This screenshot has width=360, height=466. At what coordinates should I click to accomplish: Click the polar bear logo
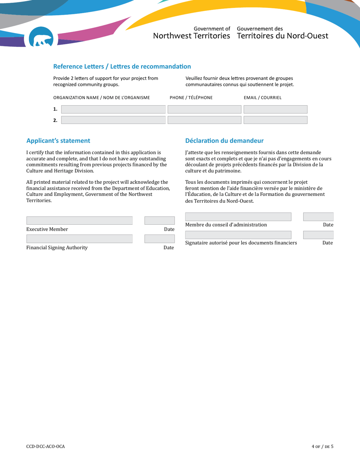tap(41, 38)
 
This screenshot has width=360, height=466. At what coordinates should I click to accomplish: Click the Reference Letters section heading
tap(122, 67)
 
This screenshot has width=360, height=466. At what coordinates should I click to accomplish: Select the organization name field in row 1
tap(113, 109)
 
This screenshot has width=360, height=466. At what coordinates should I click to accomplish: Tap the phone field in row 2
tap(204, 120)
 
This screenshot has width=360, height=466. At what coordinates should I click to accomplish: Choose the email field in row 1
tap(275, 109)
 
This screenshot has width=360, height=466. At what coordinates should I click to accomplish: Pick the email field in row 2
tap(275, 120)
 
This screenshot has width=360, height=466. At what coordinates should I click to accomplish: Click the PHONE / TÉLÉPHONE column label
tap(191, 98)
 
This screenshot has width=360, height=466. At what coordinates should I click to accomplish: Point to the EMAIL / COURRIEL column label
tap(263, 98)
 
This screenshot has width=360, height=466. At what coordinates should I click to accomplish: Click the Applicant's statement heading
tap(58, 141)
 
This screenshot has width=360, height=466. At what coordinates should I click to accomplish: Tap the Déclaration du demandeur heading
tap(224, 141)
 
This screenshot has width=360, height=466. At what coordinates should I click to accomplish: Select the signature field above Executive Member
tap(80, 220)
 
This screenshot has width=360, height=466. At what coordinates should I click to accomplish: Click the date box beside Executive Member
tap(160, 220)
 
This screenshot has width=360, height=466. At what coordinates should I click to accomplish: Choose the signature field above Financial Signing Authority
tap(80, 239)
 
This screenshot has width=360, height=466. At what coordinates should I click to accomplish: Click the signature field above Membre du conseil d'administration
tap(238, 217)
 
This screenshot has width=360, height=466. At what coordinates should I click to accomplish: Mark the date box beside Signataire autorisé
tap(318, 235)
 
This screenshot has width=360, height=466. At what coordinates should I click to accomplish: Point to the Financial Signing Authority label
tap(57, 248)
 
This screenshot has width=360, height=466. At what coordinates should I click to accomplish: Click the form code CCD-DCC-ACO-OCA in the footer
tap(45, 447)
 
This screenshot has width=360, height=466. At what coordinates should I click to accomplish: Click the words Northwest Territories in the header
tap(192, 36)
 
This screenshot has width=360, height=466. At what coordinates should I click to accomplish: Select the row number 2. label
tap(55, 120)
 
